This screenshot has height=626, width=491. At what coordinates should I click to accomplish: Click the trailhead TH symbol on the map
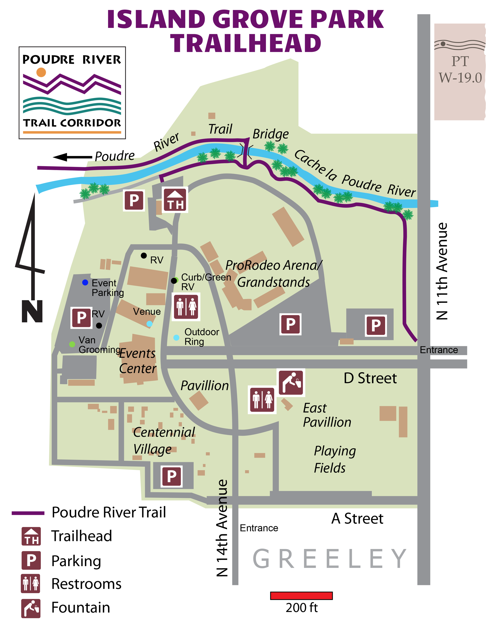click(175, 200)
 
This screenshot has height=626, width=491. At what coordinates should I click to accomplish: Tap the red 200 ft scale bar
click(301, 596)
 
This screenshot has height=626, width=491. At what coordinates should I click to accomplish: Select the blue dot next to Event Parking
click(85, 282)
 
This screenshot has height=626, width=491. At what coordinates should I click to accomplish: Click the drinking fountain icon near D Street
click(291, 383)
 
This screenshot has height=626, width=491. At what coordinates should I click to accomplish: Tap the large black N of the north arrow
click(32, 311)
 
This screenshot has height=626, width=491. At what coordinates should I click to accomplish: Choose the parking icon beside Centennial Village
click(172, 476)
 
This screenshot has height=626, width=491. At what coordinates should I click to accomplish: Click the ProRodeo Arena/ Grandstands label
click(274, 273)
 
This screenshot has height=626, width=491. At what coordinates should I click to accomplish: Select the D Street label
click(370, 378)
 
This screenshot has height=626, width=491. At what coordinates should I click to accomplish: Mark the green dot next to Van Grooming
click(72, 344)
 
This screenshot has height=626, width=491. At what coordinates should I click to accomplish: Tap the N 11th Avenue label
click(442, 271)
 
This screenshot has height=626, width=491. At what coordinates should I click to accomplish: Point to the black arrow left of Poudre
click(72, 157)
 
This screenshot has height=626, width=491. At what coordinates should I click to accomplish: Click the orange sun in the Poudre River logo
click(41, 72)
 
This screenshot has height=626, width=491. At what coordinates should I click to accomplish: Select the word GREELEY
click(329, 559)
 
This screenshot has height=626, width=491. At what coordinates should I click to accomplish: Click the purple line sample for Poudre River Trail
click(28, 513)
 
